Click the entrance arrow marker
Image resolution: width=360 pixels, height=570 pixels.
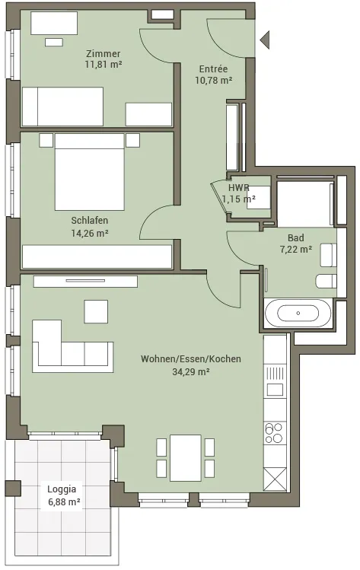[265, 40]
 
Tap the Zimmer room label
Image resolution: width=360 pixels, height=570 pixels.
[104, 54]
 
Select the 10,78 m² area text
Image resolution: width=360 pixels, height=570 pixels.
[213, 81]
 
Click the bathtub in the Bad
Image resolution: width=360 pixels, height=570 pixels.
[298, 313]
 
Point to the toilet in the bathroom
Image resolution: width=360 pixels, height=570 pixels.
[327, 282]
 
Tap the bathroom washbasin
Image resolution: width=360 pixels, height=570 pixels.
[328, 255]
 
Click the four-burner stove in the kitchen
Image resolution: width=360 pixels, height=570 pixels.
[274, 432]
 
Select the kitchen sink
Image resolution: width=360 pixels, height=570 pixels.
[275, 390]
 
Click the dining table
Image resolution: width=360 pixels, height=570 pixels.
[186, 457]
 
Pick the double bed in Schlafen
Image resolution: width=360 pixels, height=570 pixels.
[90, 172]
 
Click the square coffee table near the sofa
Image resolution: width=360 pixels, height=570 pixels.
[96, 311]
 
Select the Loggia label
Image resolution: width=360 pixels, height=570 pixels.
[62, 489]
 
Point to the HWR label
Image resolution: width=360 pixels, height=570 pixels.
[239, 187]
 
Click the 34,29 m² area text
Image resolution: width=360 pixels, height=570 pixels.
[191, 372]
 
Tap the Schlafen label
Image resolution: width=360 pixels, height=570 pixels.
[90, 220]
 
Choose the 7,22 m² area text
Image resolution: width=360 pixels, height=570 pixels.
[295, 250]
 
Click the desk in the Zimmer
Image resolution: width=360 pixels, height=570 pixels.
[54, 23]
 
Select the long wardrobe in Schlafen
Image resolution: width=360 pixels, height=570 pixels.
[97, 256]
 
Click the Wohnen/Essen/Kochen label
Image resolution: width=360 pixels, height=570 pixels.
[191, 358]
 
